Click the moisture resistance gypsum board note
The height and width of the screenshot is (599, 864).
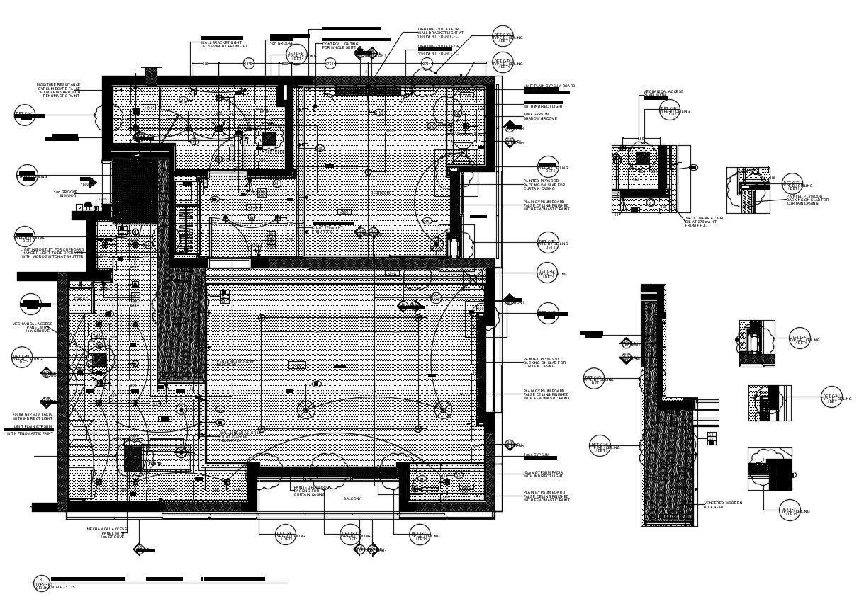(x=59, y=89)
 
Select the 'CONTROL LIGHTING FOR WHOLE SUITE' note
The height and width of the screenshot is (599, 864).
(x=340, y=45)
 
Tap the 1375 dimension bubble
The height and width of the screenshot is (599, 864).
(x=249, y=64)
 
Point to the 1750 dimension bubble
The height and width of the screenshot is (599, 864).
(x=330, y=64)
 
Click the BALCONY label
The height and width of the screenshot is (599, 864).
(x=352, y=498)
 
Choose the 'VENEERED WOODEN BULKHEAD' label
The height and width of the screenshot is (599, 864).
(x=723, y=504)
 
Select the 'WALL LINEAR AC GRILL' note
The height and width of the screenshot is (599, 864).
(x=706, y=221)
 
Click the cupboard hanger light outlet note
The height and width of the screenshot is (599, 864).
(x=52, y=253)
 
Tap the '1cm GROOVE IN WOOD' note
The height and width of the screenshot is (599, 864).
(x=65, y=193)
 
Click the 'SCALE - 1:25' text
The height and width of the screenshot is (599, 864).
(x=62, y=587)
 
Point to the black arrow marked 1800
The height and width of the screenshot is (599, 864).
(x=88, y=182)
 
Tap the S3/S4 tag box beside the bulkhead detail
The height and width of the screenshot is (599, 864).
(x=712, y=438)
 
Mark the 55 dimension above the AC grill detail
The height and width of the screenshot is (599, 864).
(x=641, y=139)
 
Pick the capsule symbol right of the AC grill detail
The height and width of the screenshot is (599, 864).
(x=693, y=167)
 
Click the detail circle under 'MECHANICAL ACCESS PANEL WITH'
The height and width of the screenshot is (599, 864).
(x=669, y=110)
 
